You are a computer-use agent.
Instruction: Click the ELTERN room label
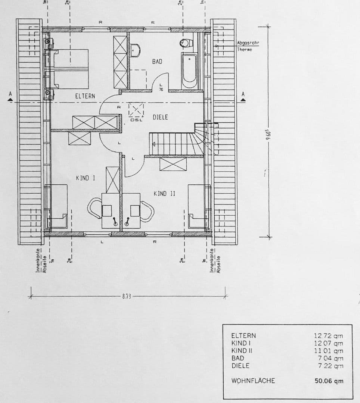pos(85,96)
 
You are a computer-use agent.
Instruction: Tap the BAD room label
pos(157,62)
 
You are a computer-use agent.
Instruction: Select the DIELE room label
pos(160,117)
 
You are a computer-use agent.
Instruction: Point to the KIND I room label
pos(85,178)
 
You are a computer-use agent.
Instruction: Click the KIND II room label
pos(165,194)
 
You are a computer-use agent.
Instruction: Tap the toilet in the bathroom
pos(185,43)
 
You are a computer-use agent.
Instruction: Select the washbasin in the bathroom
pos(135,50)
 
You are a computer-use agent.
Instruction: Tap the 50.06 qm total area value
pos(329,381)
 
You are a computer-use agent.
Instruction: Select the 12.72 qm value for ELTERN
pos(328,336)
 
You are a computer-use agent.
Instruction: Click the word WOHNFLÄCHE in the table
pos(253,381)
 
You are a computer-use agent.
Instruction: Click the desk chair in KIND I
pos(94,208)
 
